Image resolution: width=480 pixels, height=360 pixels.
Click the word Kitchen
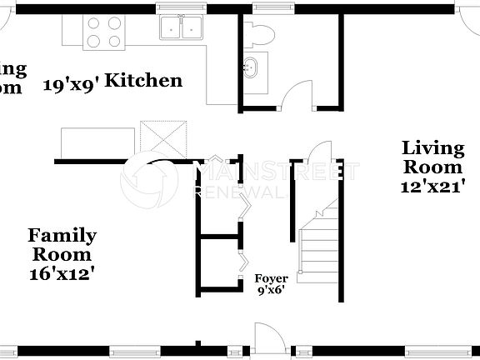[144, 81]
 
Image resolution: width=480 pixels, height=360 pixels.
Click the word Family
[62, 236]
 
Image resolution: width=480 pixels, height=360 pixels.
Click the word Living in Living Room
[432, 148]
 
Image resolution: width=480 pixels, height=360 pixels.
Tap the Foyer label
[272, 279]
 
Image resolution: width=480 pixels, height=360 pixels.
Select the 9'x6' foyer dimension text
[272, 291]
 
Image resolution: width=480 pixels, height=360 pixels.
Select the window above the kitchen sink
[184, 8]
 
